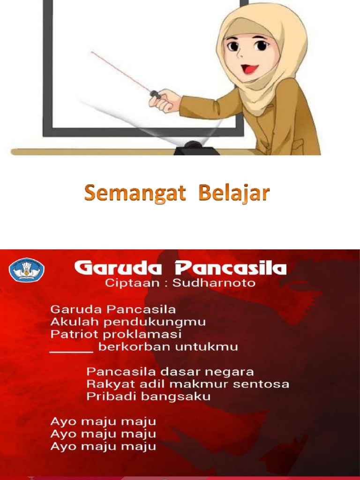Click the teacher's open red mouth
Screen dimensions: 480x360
tap(249, 69)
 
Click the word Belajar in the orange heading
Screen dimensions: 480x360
tap(234, 193)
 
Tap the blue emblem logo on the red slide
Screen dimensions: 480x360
tap(27, 270)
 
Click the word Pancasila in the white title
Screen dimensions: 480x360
tap(230, 269)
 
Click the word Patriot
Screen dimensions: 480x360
tap(69, 335)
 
